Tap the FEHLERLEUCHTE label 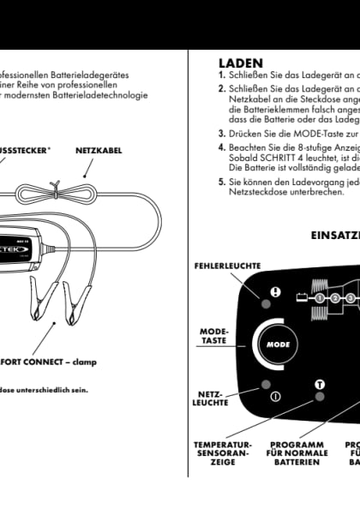226,266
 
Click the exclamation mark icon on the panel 275,291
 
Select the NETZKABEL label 99,150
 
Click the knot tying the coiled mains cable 54,188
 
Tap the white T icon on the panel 320,385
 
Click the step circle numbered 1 319,298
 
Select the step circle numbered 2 336,298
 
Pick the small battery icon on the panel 302,298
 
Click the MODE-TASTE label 213,335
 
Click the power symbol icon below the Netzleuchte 275,396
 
